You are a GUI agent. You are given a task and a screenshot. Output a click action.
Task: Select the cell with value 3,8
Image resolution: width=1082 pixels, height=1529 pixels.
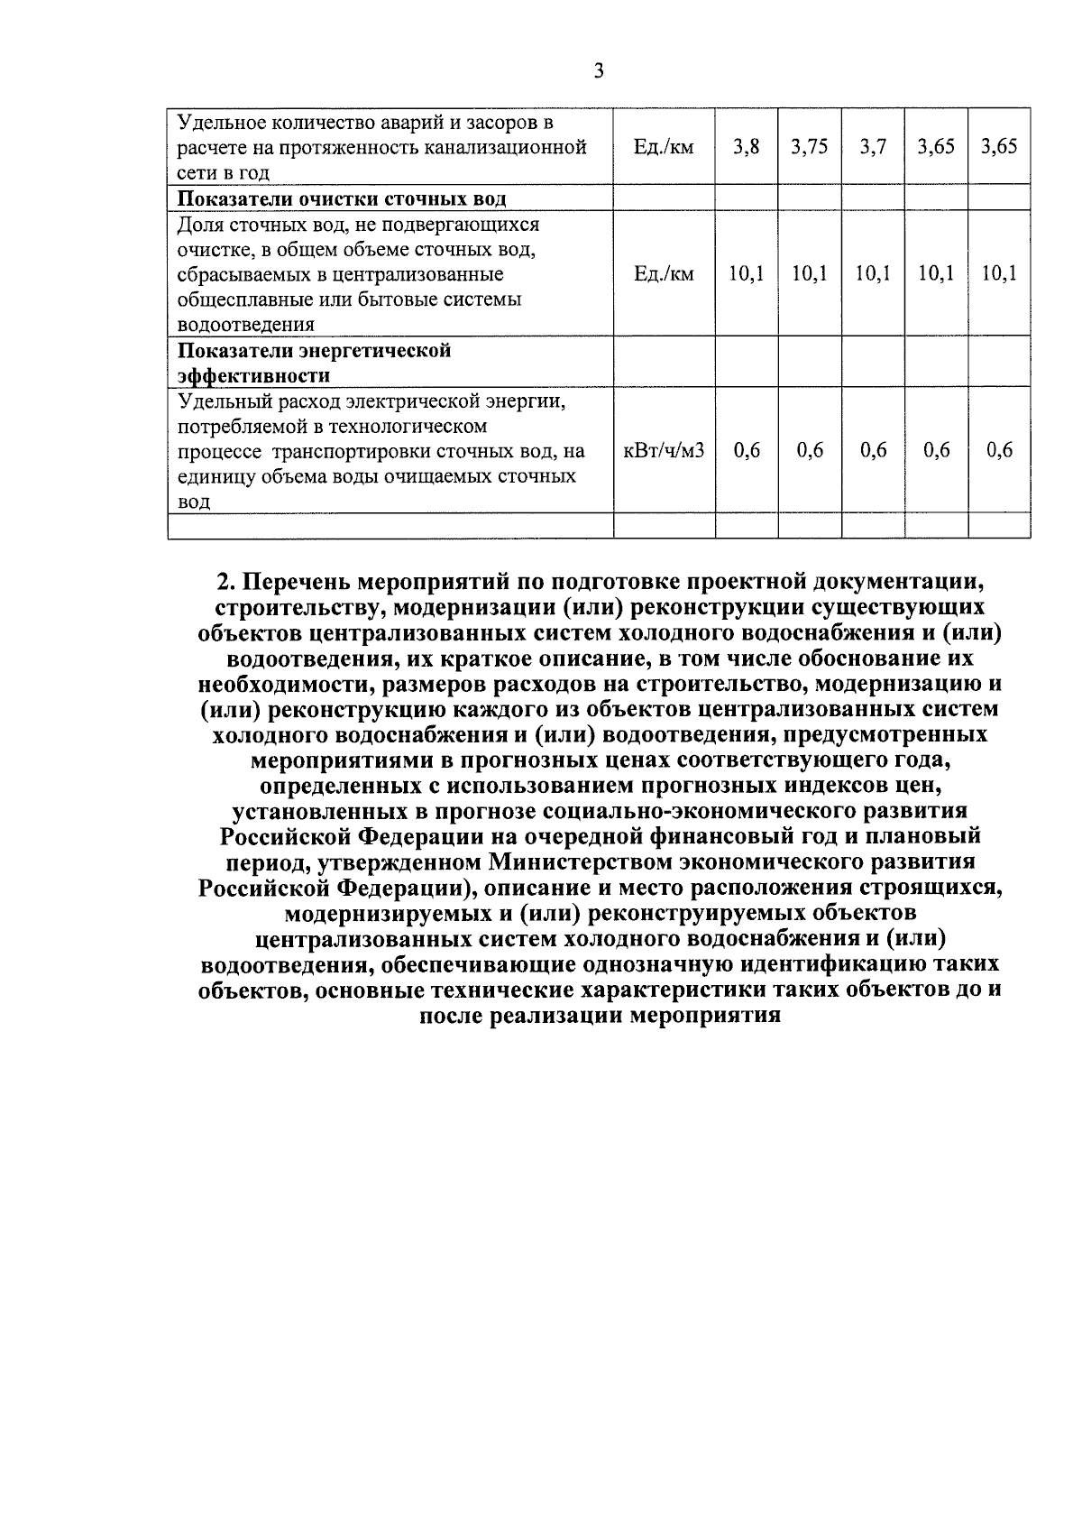tap(746, 147)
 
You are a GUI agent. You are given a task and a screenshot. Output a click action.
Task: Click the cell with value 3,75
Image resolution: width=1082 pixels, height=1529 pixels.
tap(809, 147)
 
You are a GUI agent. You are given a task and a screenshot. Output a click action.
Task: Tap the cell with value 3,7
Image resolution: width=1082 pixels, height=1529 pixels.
tap(872, 147)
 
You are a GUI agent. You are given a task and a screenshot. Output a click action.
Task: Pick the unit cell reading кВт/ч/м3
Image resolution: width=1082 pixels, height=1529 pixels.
tap(664, 450)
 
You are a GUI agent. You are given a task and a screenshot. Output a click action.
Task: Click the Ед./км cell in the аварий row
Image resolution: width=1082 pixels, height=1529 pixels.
tap(664, 147)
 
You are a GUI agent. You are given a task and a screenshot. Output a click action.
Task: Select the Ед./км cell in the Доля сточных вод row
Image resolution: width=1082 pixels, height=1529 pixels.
tap(664, 273)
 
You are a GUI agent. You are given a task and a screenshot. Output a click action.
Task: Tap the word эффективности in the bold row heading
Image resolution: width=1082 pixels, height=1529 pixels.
tap(253, 375)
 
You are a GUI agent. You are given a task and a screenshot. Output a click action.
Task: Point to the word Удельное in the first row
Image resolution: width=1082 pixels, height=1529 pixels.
tap(220, 122)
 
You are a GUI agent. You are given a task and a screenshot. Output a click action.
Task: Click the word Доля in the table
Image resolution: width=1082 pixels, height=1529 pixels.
tap(200, 224)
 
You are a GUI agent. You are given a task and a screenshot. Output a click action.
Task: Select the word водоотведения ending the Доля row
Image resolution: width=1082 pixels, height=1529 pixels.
tap(245, 325)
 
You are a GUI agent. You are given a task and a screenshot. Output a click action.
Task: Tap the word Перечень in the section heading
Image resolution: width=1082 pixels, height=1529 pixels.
tap(297, 580)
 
